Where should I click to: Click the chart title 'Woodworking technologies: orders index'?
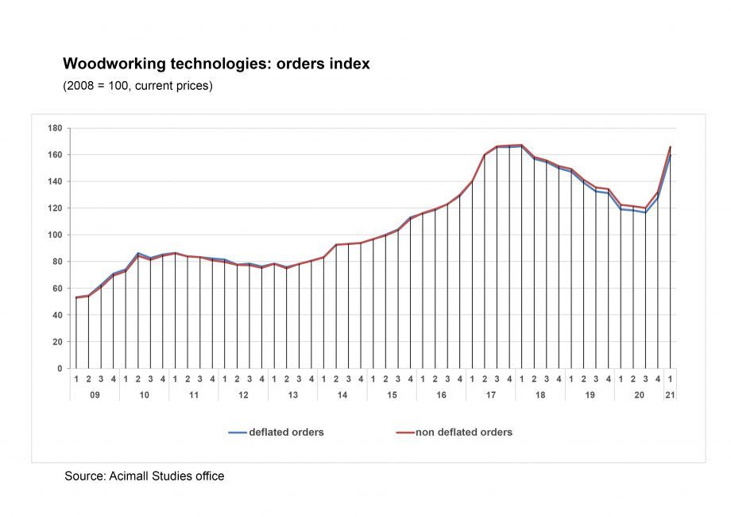[216, 64]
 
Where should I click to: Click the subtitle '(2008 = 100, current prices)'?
[137, 85]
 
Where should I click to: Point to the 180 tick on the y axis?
[56, 128]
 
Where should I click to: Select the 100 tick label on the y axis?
[56, 235]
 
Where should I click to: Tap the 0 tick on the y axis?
[59, 368]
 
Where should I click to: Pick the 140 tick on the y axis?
[56, 181]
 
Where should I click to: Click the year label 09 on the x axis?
[95, 395]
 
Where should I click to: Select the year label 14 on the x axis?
[342, 395]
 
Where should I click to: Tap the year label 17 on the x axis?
[491, 395]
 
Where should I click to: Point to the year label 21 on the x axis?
[671, 395]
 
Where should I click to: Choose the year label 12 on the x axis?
[243, 395]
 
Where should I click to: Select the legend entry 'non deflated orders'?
[464, 433]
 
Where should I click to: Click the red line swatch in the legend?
[404, 433]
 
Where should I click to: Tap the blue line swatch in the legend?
[238, 433]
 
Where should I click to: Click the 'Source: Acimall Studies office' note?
[144, 476]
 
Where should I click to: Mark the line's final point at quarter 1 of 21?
[671, 148]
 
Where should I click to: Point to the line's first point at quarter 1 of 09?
[76, 297]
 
